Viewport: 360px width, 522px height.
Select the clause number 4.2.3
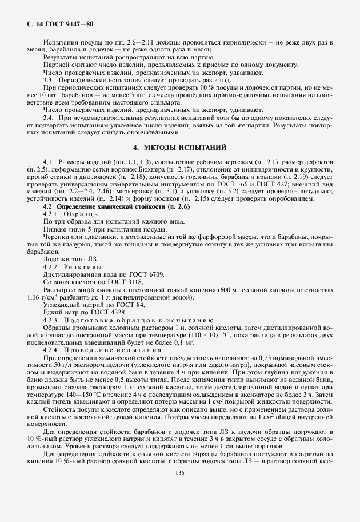click(x=52, y=321)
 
